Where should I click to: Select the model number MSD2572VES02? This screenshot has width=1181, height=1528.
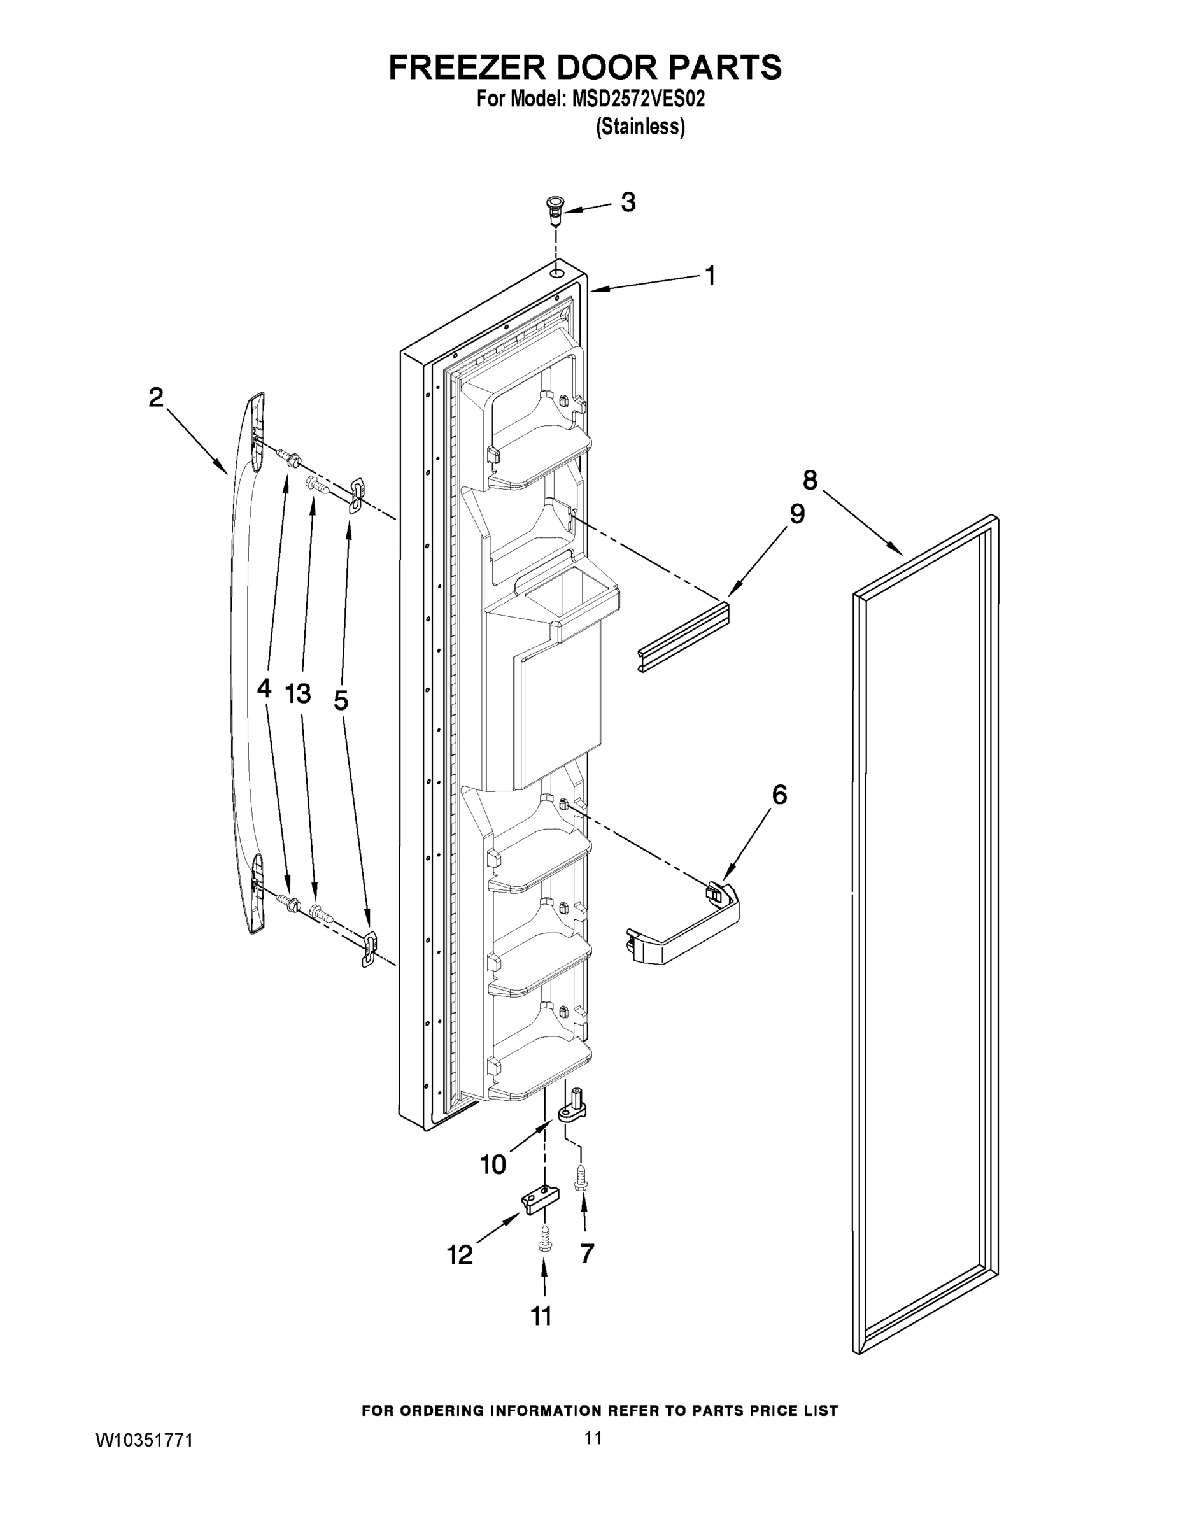coord(638,99)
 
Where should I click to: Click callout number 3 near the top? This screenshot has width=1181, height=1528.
coord(628,202)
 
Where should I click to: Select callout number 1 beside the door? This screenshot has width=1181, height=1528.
coord(709,276)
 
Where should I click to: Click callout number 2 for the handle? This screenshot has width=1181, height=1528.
coord(156,397)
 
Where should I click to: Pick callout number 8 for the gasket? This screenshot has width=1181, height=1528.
coord(809,480)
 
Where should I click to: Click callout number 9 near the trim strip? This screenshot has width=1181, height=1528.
coord(797,514)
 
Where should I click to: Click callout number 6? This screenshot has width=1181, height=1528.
coord(779,795)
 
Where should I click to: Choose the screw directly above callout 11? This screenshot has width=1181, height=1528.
coord(545,1244)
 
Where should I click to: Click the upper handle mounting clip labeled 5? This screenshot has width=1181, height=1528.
coord(356,494)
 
